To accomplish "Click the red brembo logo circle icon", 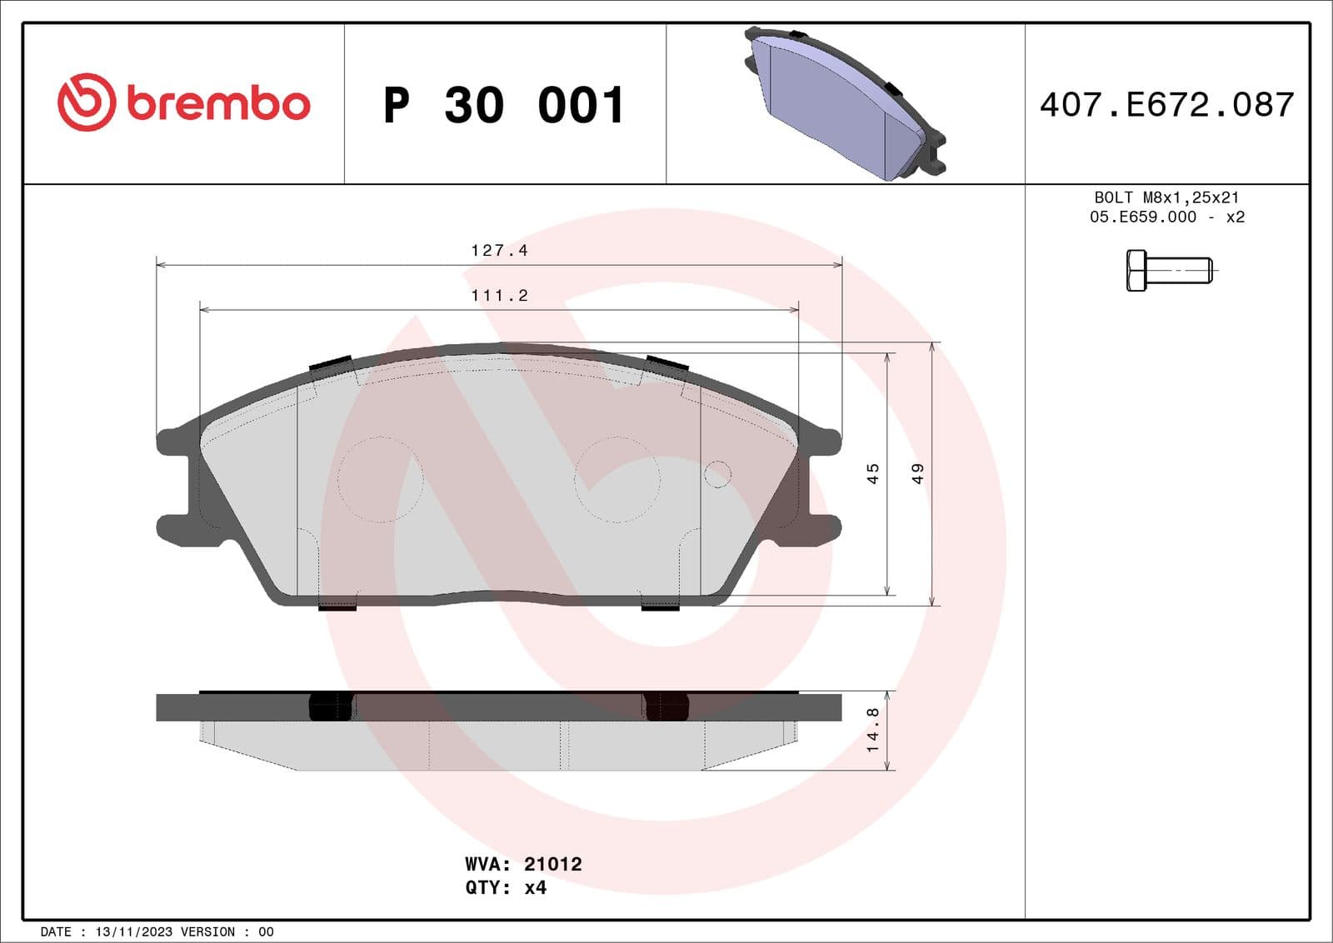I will (86, 102).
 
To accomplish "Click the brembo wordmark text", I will (218, 103).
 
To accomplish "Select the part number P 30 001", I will (504, 106).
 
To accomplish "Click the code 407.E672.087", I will (1166, 105).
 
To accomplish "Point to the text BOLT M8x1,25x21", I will (1166, 197).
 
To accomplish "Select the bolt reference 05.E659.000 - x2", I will (1166, 217).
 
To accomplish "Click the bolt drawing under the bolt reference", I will (1169, 270).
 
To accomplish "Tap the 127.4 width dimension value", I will (499, 250).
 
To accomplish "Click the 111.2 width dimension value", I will (499, 295).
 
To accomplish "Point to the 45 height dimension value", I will (872, 473).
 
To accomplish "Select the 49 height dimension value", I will (917, 473).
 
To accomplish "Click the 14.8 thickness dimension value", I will (872, 730).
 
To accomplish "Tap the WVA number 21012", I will (552, 864).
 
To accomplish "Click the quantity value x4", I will (535, 887).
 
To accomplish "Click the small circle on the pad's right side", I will (717, 474).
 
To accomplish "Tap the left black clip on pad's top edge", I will (330, 364).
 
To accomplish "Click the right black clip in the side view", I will (666, 706).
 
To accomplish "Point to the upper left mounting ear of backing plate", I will (175, 441).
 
